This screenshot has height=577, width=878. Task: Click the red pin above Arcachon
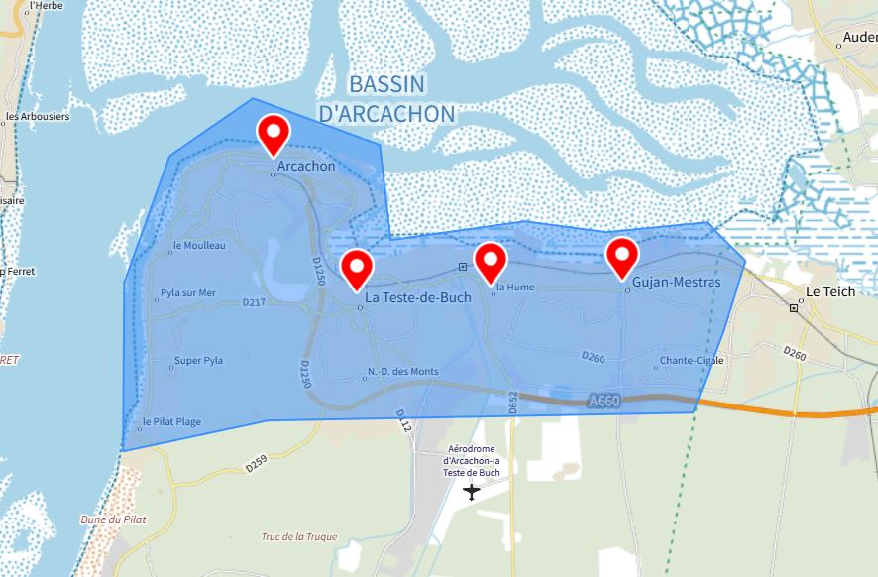click(x=274, y=132)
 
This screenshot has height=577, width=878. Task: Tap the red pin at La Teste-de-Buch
click(x=357, y=267)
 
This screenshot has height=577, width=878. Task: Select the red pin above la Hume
click(x=491, y=261)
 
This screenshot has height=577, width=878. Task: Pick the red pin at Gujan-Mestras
click(x=622, y=256)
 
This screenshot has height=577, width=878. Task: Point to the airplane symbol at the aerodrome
click(x=472, y=491)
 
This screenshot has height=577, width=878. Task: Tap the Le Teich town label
click(x=830, y=292)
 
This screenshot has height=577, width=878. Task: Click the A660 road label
click(x=603, y=402)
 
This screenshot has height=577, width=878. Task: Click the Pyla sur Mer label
click(x=186, y=293)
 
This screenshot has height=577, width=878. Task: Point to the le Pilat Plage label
click(x=171, y=422)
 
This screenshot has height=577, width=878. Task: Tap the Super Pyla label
click(x=198, y=361)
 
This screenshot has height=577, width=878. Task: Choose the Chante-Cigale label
click(x=692, y=361)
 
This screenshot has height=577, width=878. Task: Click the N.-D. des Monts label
click(x=402, y=372)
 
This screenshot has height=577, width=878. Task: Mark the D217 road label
click(x=253, y=303)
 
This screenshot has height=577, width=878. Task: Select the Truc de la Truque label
click(x=298, y=537)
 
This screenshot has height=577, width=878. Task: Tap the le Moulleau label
click(x=199, y=246)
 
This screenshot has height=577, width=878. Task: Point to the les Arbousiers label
click(x=38, y=116)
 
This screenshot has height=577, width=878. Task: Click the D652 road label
click(x=513, y=401)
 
